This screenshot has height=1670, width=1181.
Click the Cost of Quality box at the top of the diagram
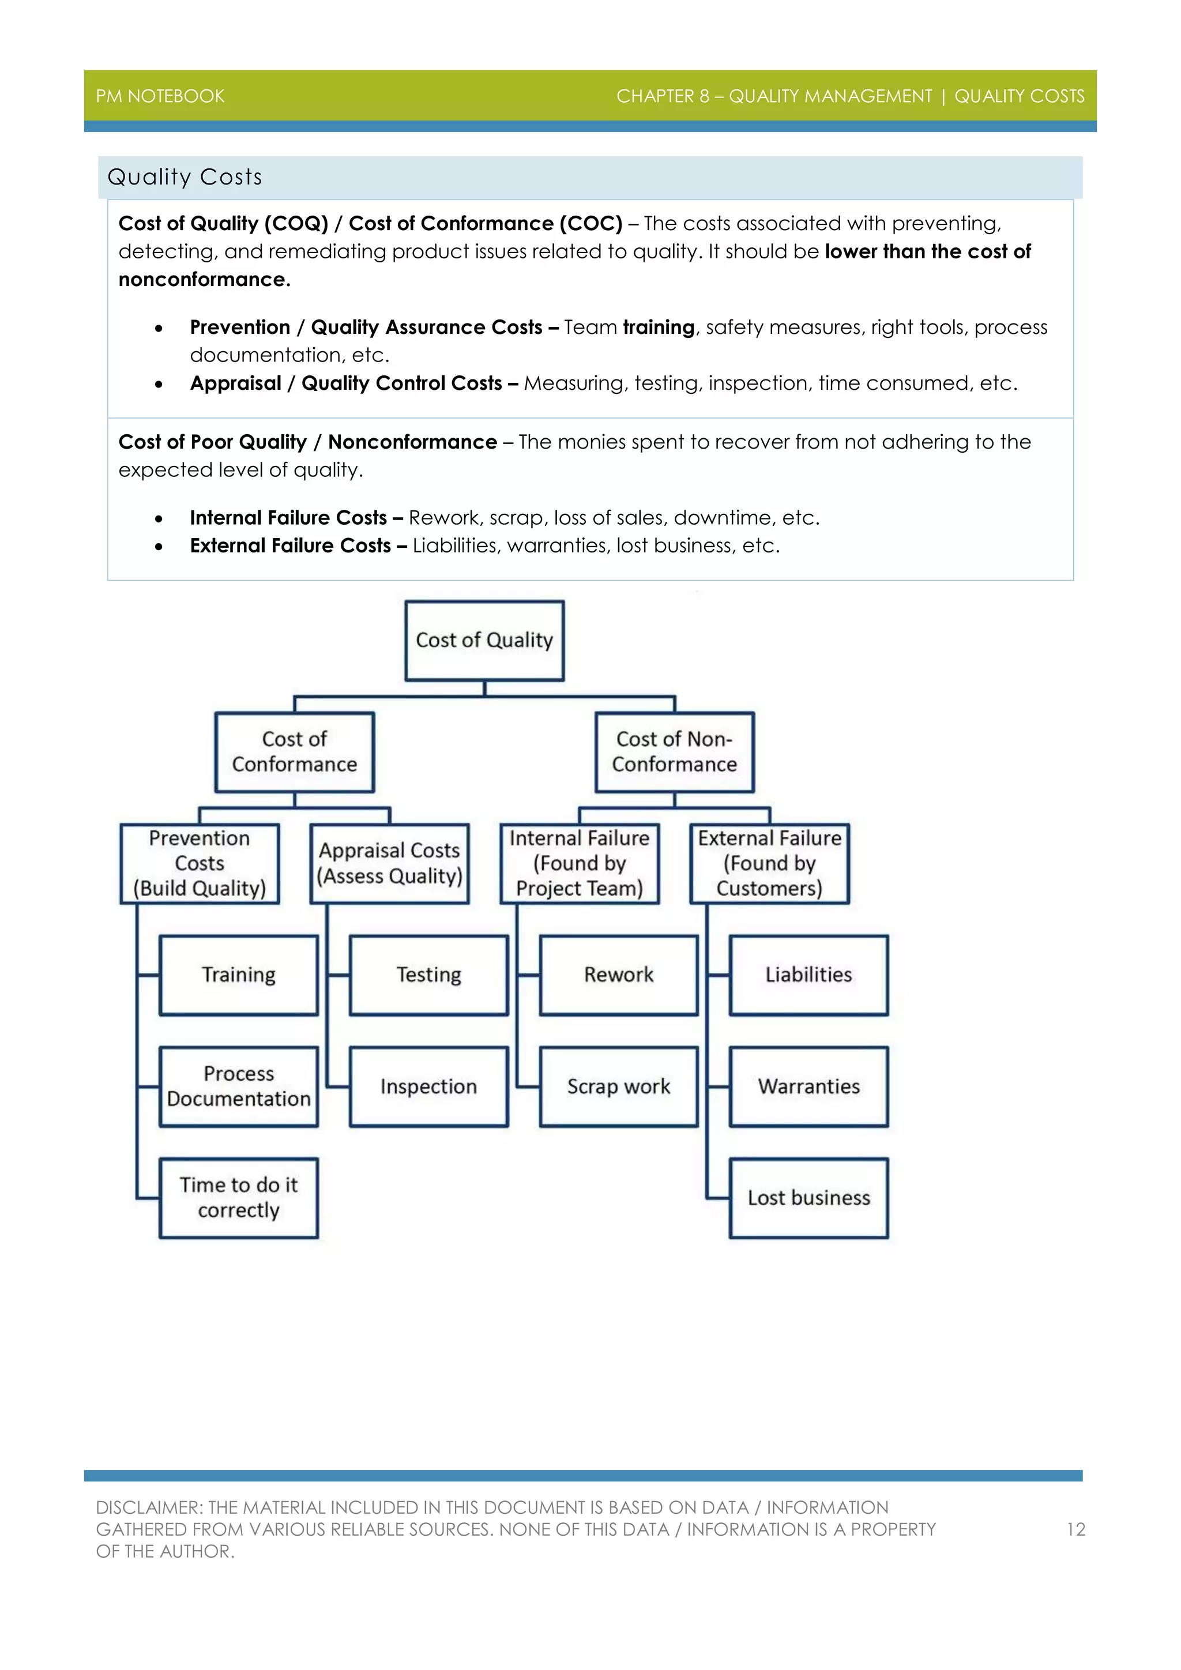[484, 640]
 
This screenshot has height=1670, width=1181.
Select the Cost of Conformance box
[295, 751]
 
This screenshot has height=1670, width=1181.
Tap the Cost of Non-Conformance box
[674, 751]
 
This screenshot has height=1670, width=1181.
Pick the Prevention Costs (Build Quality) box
[200, 863]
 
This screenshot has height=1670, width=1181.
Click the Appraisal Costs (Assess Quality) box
[389, 863]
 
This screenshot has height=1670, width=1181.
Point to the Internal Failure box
[580, 863]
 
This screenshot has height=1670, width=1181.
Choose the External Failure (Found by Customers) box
[769, 863]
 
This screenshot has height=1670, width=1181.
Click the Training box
[239, 975]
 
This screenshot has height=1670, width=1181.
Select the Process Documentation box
[239, 1086]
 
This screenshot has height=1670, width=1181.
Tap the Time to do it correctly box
[239, 1197]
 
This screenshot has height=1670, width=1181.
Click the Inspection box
[428, 1086]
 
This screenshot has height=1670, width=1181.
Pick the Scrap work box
[619, 1086]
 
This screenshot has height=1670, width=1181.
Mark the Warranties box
[808, 1086]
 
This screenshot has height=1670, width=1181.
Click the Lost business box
[808, 1197]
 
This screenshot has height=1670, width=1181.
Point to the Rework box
[619, 975]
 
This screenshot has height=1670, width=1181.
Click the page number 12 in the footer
[1075, 1530]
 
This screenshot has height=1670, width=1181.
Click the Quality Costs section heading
[185, 177]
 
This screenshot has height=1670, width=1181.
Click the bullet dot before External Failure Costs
[159, 546]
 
